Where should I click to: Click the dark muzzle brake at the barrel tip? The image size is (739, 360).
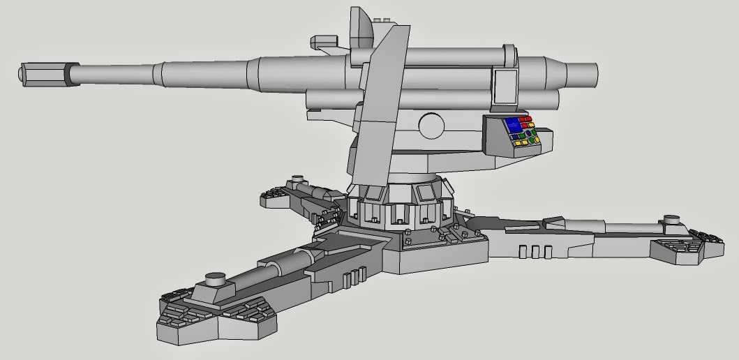pyautogui.click(x=44, y=73)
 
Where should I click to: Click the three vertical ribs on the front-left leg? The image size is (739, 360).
pyautogui.click(x=354, y=275)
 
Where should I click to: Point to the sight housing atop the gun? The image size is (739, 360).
pyautogui.click(x=363, y=28)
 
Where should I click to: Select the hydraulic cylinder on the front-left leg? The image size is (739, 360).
pyautogui.click(x=279, y=269)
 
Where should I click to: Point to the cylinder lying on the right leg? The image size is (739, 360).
pyautogui.click(x=628, y=227)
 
